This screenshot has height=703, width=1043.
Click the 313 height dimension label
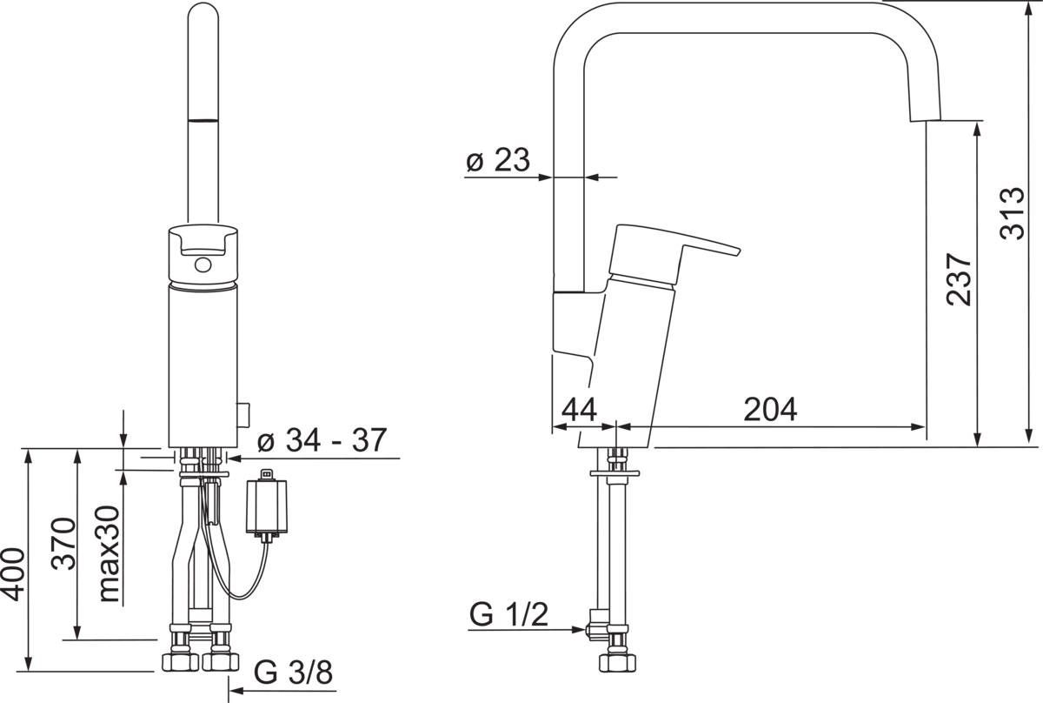coord(1013,214)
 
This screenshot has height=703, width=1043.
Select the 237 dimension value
coord(960,279)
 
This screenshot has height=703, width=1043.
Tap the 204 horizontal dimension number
coord(770,409)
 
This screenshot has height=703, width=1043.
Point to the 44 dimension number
coord(579,410)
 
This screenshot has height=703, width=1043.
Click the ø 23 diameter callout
coord(498,160)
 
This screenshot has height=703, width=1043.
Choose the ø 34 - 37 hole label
coord(322,439)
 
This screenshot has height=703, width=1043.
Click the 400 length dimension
coord(13,575)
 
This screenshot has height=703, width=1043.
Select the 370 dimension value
coord(63,544)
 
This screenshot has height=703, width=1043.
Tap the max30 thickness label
coord(110,554)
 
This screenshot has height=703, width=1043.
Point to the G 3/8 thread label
coord(294,672)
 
